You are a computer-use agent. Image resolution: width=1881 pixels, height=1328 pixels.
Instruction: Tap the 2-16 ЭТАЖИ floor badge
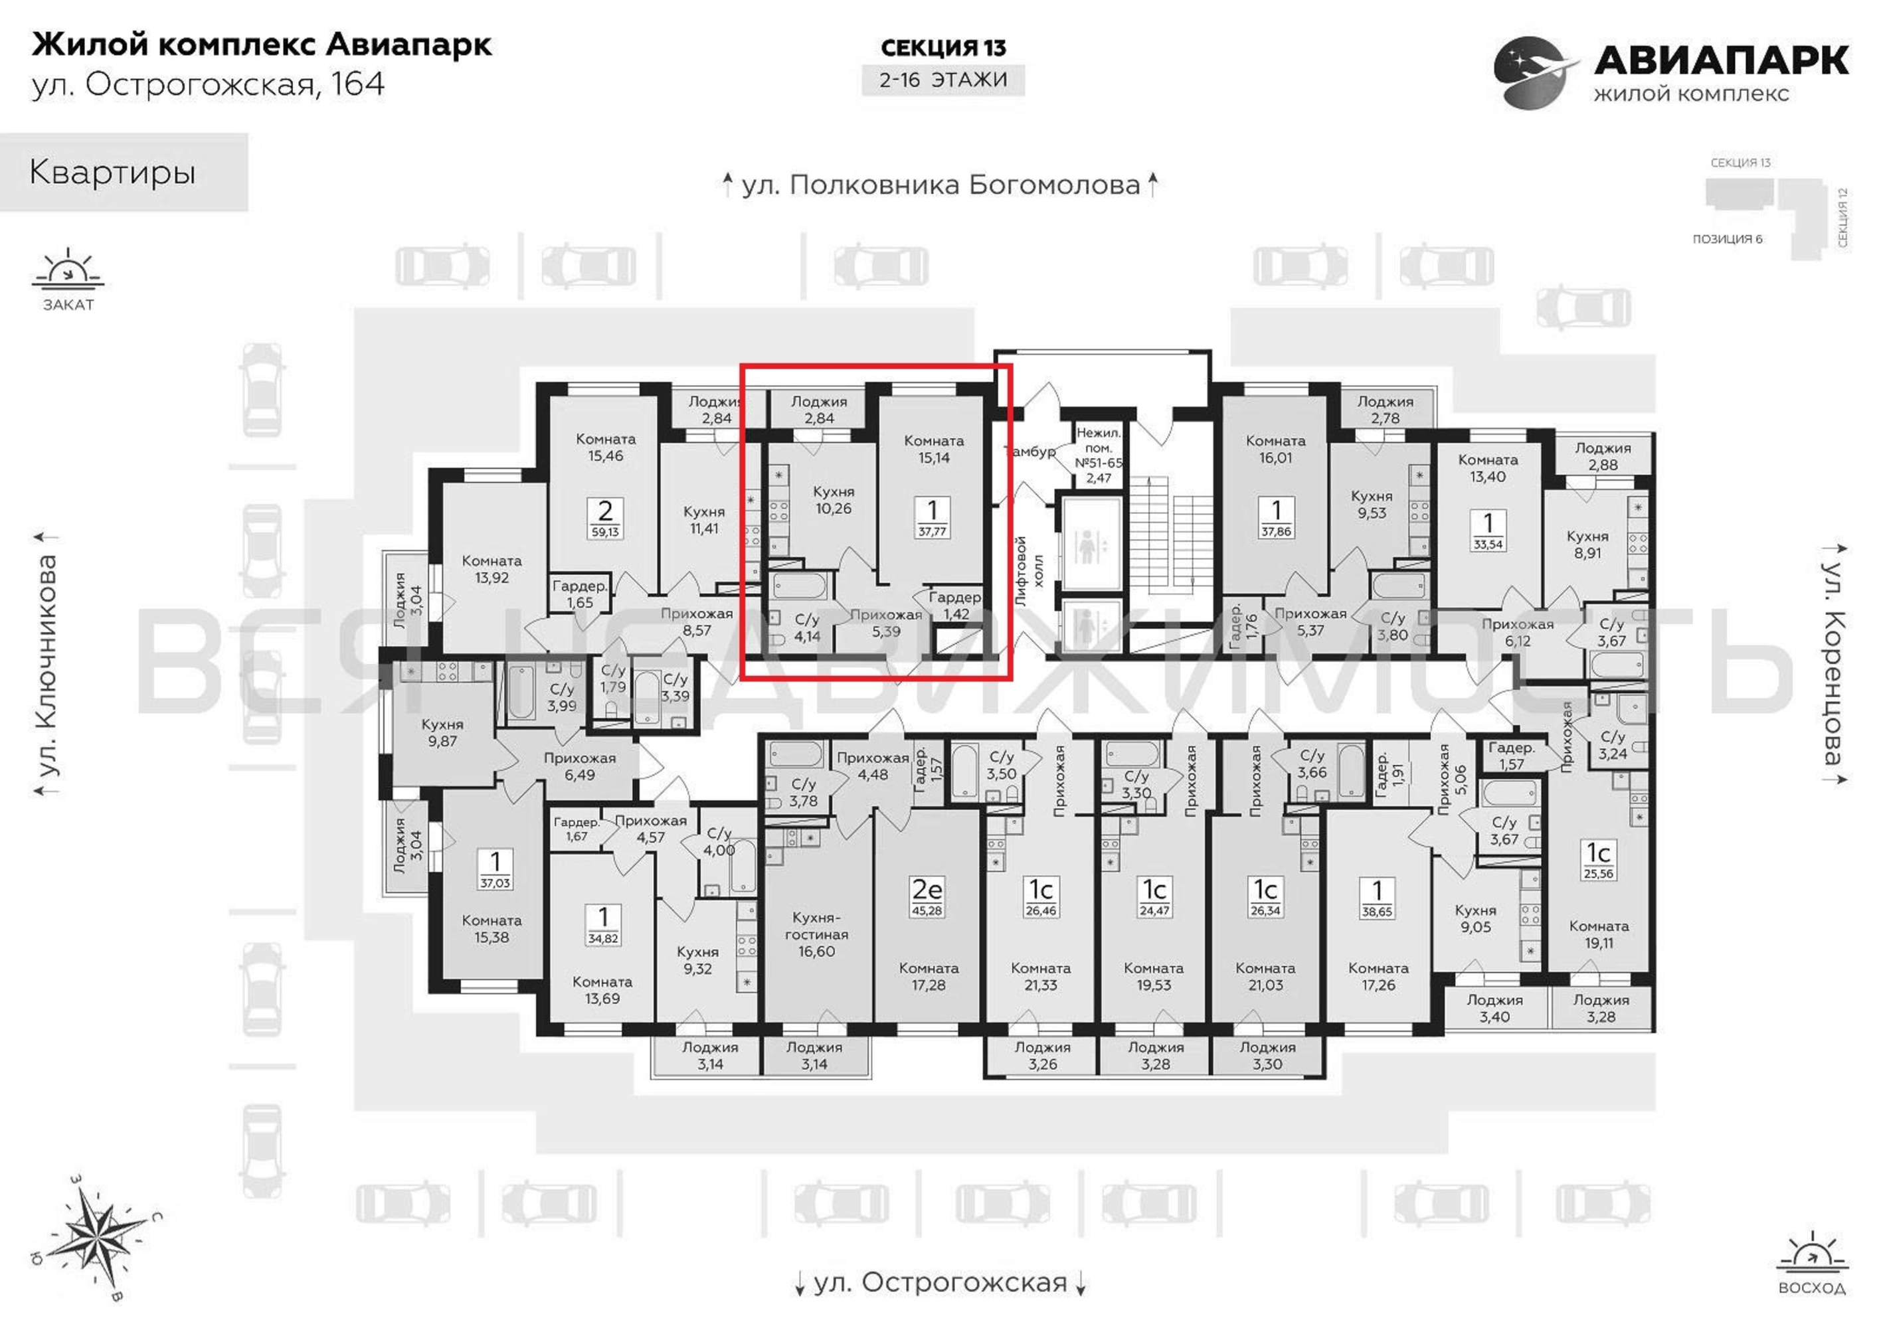[943, 80]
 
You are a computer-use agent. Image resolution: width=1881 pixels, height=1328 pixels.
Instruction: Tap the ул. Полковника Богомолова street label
[940, 186]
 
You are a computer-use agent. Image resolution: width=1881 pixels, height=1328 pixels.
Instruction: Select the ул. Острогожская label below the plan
[940, 1282]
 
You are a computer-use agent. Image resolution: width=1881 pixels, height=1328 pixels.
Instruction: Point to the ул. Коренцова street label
[1833, 663]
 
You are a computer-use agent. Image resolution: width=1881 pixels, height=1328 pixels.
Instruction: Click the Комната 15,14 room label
[934, 449]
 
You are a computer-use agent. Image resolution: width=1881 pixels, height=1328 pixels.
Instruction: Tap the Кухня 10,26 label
[833, 500]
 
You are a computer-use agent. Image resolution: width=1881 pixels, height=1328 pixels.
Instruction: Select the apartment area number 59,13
[606, 532]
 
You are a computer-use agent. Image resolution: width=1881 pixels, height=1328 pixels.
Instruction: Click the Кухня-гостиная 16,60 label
[816, 934]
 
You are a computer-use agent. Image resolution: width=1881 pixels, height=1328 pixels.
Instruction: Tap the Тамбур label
[1030, 452]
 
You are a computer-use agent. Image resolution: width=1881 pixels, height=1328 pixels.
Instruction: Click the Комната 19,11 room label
[1598, 935]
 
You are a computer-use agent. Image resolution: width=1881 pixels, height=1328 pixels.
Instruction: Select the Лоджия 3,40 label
[1494, 1009]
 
